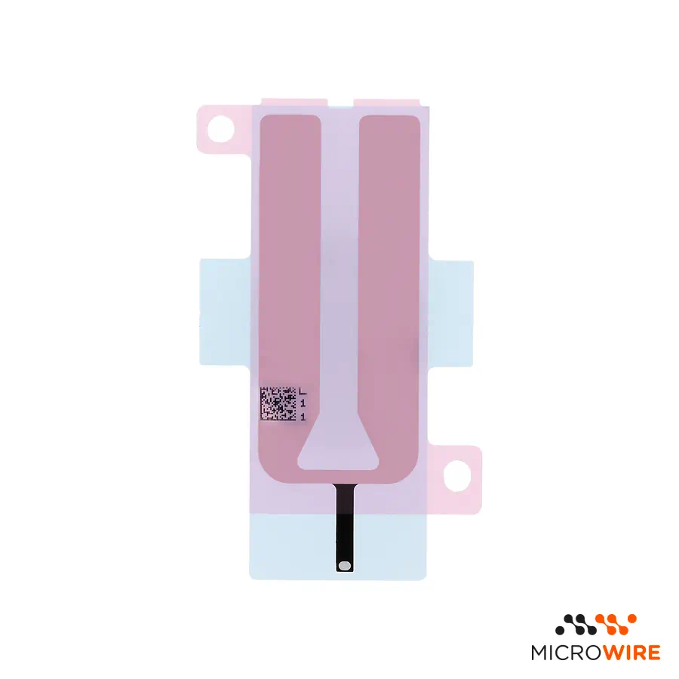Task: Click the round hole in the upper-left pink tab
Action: [x=221, y=129]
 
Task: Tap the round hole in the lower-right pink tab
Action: [x=457, y=476]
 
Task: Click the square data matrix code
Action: [x=278, y=404]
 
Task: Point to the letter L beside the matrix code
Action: [x=303, y=391]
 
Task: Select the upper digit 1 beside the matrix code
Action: [x=303, y=404]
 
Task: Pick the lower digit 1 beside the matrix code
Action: [x=303, y=417]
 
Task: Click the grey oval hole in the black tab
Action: [x=345, y=565]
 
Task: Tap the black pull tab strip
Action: [x=345, y=527]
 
